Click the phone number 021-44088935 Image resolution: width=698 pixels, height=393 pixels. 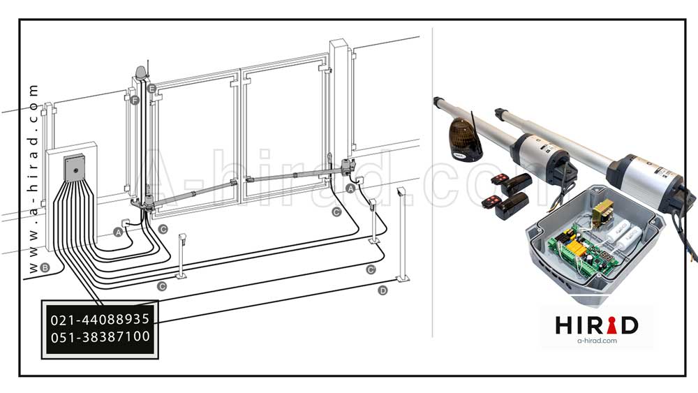coord(100,320)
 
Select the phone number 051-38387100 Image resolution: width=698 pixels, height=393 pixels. coord(100,337)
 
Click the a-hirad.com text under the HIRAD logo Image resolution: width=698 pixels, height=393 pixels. coord(597,341)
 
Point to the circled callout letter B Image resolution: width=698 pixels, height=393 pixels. coord(45,267)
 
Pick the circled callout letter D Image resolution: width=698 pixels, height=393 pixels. coord(383,290)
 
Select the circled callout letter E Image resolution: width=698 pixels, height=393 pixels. coord(151,88)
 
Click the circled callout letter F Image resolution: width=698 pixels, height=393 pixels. coord(135,101)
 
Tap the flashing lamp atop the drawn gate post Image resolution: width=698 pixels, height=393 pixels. coord(140,73)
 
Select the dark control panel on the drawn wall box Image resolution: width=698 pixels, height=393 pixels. coord(75,168)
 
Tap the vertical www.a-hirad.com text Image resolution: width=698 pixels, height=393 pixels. coord(33,178)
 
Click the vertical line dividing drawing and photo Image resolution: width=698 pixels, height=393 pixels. coord(432,182)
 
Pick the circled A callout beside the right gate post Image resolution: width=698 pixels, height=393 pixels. coord(351,188)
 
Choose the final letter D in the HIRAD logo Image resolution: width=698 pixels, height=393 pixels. coord(630,325)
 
